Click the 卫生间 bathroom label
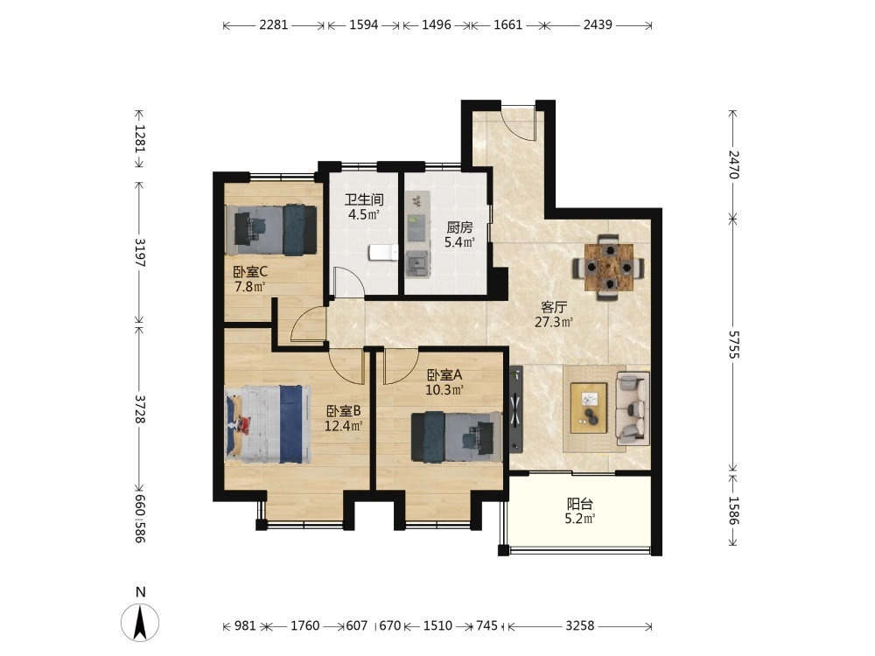(x=364, y=199)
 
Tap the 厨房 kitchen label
(x=460, y=227)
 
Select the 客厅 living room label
(x=554, y=307)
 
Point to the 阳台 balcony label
(x=580, y=504)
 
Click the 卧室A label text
(x=444, y=375)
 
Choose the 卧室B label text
(x=344, y=411)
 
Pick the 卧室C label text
(x=250, y=272)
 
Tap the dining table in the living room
(x=608, y=268)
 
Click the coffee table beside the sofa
(x=589, y=408)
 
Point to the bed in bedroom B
(x=268, y=424)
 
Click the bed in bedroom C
(x=271, y=230)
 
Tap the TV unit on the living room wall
(x=516, y=408)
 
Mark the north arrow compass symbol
(x=140, y=621)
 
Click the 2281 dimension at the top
(x=273, y=24)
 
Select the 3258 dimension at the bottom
(x=580, y=626)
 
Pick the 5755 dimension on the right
(x=733, y=345)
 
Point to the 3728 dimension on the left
(x=139, y=408)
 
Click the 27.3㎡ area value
(x=554, y=322)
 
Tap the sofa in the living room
(x=633, y=408)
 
